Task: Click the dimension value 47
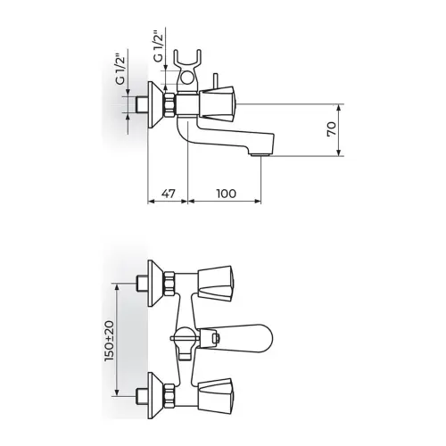[169, 194]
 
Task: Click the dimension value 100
[227, 194]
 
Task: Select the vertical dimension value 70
[332, 129]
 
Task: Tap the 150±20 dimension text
[109, 341]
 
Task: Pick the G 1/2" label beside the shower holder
[159, 45]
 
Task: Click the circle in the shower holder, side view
[186, 79]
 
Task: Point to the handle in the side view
[217, 103]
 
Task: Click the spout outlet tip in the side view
[260, 154]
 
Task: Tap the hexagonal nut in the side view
[170, 104]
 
